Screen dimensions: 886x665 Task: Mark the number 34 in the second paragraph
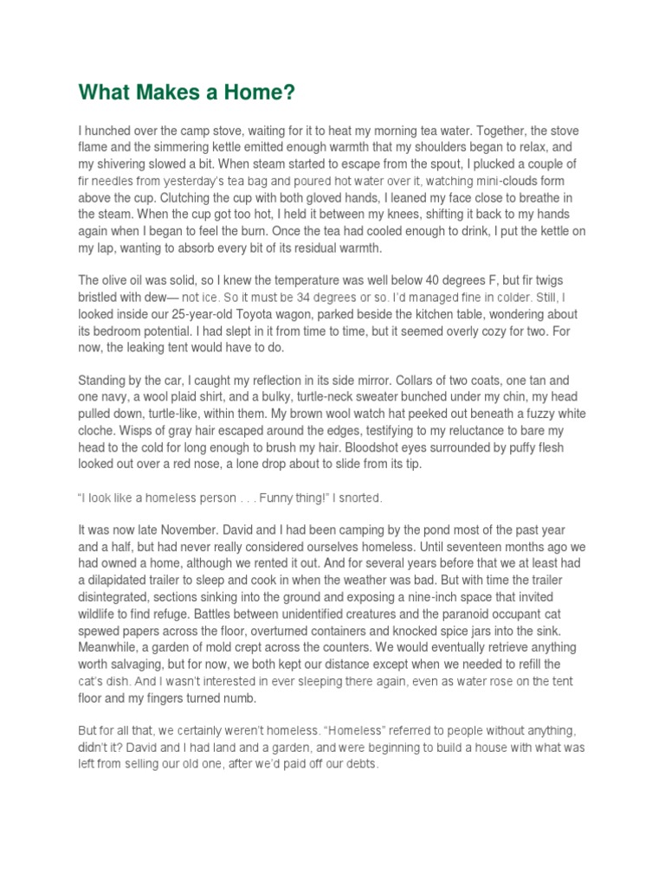(x=283, y=299)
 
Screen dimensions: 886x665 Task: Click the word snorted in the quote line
(x=359, y=499)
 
